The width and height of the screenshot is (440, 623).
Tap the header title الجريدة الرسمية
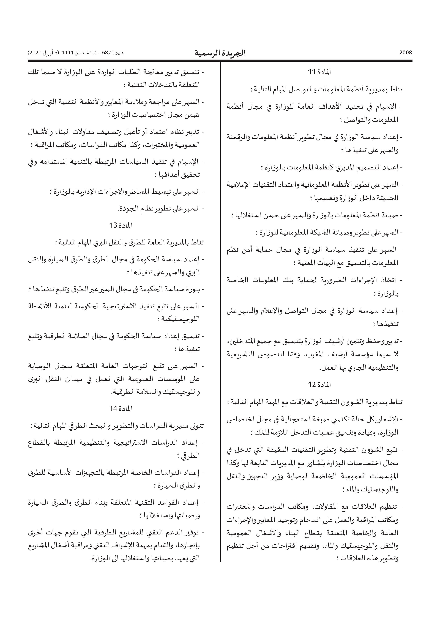(x=220, y=53)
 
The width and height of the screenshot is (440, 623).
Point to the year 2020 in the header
(x=34, y=53)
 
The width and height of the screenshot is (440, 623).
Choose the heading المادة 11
(x=319, y=72)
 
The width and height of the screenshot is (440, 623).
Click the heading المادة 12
(x=319, y=385)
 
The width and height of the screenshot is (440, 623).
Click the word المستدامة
(x=58, y=162)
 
